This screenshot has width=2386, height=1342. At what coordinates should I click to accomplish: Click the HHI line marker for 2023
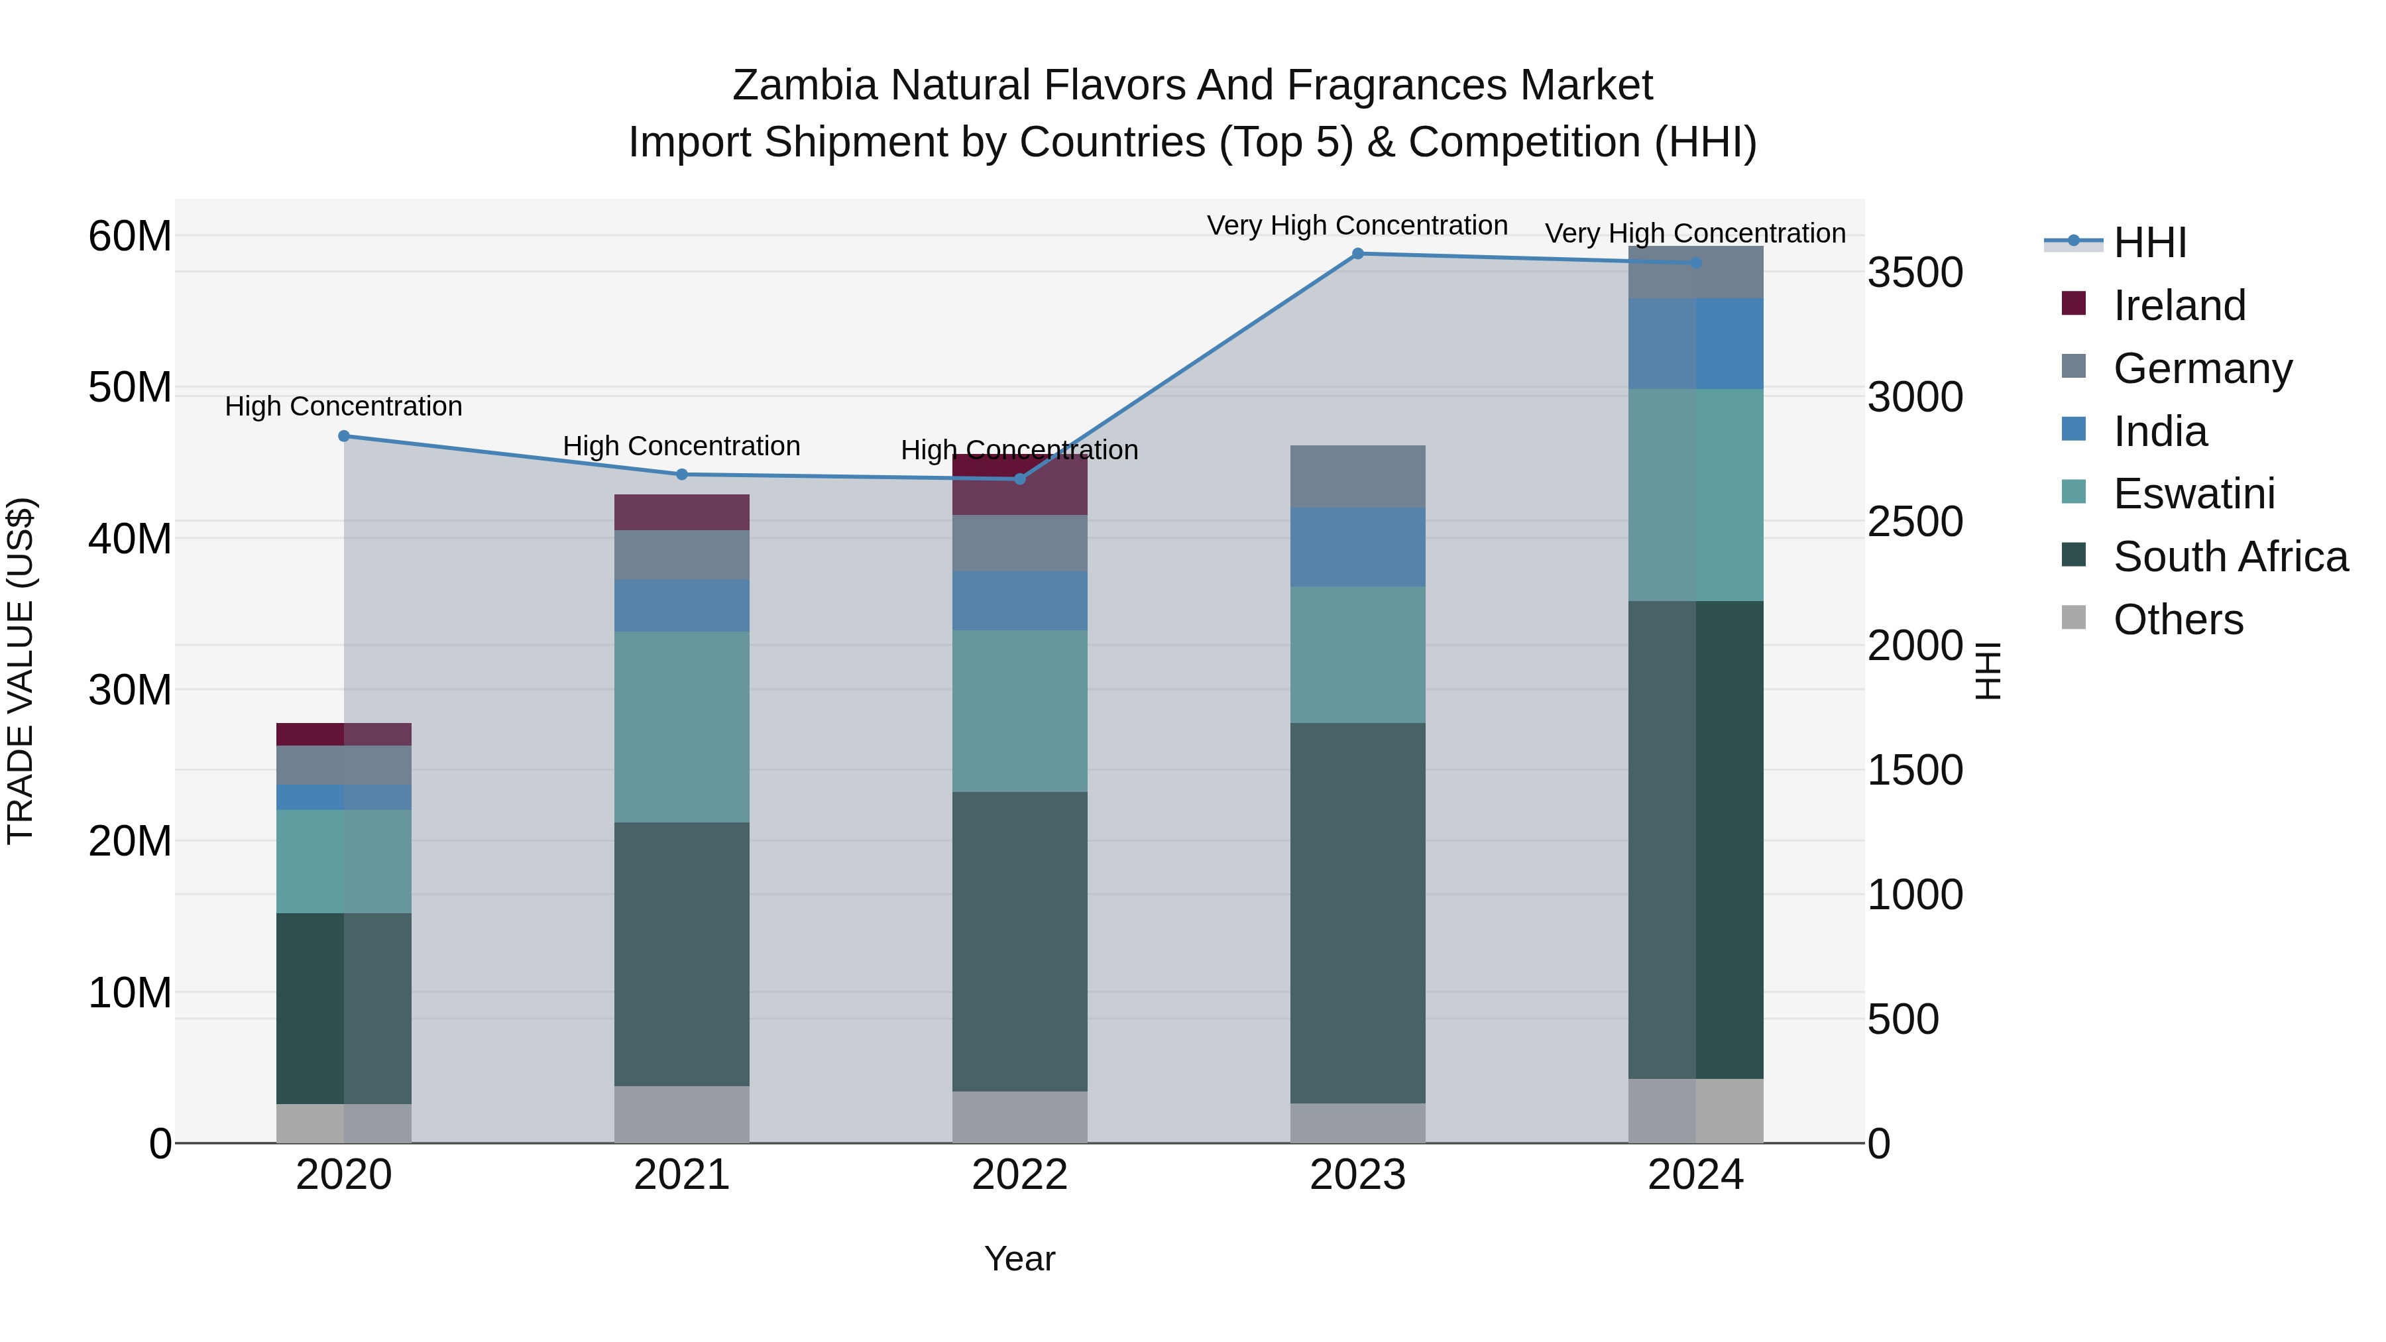1358,254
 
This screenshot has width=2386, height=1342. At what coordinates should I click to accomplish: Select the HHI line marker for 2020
343,436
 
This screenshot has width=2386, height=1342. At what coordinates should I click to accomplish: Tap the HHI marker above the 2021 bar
682,475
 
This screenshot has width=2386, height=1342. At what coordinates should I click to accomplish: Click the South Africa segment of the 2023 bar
1358,913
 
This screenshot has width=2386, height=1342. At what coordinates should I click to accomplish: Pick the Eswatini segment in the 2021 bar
682,727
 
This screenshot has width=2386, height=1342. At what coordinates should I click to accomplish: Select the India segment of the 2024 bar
1696,343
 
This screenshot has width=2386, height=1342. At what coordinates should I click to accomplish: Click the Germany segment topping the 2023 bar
1358,476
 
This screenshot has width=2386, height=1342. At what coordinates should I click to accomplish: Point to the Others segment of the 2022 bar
1020,1117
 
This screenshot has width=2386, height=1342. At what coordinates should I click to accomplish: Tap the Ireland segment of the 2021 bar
682,512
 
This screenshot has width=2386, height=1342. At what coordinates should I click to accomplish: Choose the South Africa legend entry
2230,557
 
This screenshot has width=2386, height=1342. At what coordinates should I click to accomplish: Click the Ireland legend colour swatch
2074,304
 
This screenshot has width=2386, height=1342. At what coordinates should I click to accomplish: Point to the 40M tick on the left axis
130,538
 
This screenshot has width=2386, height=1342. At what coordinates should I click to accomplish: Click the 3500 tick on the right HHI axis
1915,273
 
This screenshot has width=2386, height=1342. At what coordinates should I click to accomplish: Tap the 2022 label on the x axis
1020,1175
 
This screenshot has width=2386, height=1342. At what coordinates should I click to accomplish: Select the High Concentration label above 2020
343,407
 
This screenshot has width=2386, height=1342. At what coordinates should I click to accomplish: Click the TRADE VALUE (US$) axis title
21,671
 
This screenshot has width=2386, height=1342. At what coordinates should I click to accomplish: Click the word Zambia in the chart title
804,85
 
